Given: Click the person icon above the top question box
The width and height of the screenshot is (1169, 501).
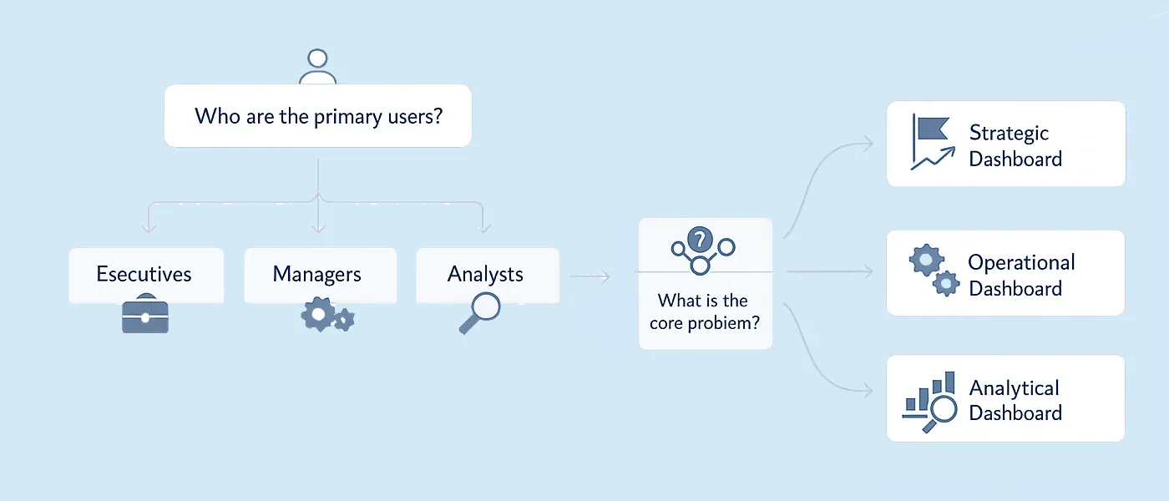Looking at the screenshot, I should [317, 67].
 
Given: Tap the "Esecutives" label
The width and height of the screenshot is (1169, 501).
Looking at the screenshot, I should [144, 274].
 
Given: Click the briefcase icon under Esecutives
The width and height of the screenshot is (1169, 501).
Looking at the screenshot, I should [145, 315].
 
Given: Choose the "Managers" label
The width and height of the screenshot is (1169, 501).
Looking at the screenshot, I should [316, 274].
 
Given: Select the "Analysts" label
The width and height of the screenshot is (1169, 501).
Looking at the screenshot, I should [485, 274].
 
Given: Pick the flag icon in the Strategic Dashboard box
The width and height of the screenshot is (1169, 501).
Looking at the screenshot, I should [930, 130].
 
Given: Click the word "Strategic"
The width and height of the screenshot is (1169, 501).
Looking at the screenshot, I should [1009, 133].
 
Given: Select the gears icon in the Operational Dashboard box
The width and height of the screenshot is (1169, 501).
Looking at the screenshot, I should [933, 271].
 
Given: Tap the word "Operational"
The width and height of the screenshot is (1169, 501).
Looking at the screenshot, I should [1021, 262].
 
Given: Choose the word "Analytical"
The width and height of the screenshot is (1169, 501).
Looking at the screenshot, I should [1014, 388].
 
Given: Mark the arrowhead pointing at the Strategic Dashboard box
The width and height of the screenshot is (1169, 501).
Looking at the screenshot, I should [869, 143].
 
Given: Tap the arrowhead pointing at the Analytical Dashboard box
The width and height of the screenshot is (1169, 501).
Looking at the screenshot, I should [869, 392].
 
